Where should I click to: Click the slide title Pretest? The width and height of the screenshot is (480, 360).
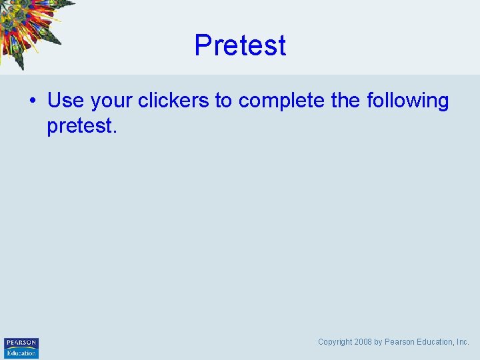pyautogui.click(x=240, y=45)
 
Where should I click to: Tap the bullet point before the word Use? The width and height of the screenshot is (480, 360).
pyautogui.click(x=32, y=101)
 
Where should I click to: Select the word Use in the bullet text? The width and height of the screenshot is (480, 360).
pyautogui.click(x=65, y=101)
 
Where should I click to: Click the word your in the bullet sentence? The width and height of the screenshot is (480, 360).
pyautogui.click(x=111, y=101)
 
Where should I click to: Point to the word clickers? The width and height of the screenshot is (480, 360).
pyautogui.click(x=173, y=101)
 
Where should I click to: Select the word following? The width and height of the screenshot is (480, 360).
pyautogui.click(x=408, y=101)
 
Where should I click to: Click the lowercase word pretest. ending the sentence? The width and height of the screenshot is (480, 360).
pyautogui.click(x=81, y=125)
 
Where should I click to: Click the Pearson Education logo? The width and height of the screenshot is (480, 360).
pyautogui.click(x=21, y=348)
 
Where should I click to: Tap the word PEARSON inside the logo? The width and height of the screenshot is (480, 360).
pyautogui.click(x=21, y=343)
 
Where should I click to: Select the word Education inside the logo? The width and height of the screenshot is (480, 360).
pyautogui.click(x=21, y=353)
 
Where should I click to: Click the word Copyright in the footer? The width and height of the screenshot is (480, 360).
pyautogui.click(x=335, y=342)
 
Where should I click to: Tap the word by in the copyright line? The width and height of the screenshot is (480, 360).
pyautogui.click(x=378, y=342)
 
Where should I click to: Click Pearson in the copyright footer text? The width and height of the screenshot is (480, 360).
pyautogui.click(x=399, y=342)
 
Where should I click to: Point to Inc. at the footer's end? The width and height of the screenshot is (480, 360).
pyautogui.click(x=463, y=342)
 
